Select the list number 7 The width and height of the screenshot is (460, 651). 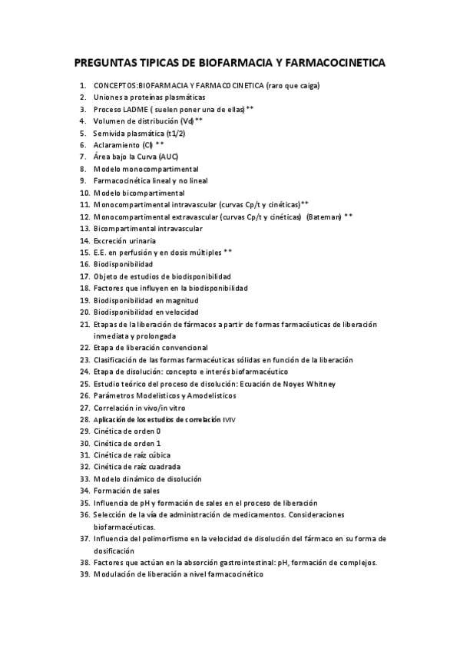pyautogui.click(x=82, y=157)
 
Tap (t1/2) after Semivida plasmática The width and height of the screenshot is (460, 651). pyautogui.click(x=176, y=133)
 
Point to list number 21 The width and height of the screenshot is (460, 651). pyautogui.click(x=84, y=324)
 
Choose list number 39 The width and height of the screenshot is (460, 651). pyautogui.click(x=84, y=574)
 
